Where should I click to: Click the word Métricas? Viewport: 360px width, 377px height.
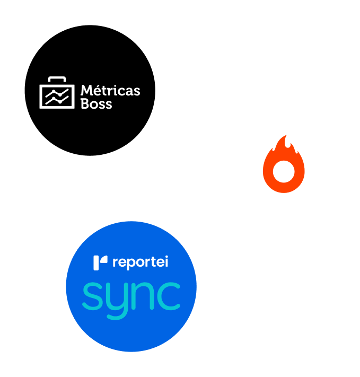110,90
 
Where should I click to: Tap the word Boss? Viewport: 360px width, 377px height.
96,104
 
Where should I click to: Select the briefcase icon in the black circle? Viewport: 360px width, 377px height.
57,93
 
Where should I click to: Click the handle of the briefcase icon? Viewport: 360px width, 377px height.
57,79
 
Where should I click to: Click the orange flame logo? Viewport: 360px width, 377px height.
284,164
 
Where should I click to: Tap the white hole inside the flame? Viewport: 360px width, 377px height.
284,171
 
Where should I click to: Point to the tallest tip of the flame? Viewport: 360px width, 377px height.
286,135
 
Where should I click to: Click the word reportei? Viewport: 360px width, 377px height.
140,262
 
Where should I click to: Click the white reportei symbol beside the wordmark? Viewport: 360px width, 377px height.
100,263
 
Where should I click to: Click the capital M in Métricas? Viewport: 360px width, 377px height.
87,90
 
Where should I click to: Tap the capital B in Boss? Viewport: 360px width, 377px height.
85,104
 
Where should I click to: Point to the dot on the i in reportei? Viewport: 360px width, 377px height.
166,257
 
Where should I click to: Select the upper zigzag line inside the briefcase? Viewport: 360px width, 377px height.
57,93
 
